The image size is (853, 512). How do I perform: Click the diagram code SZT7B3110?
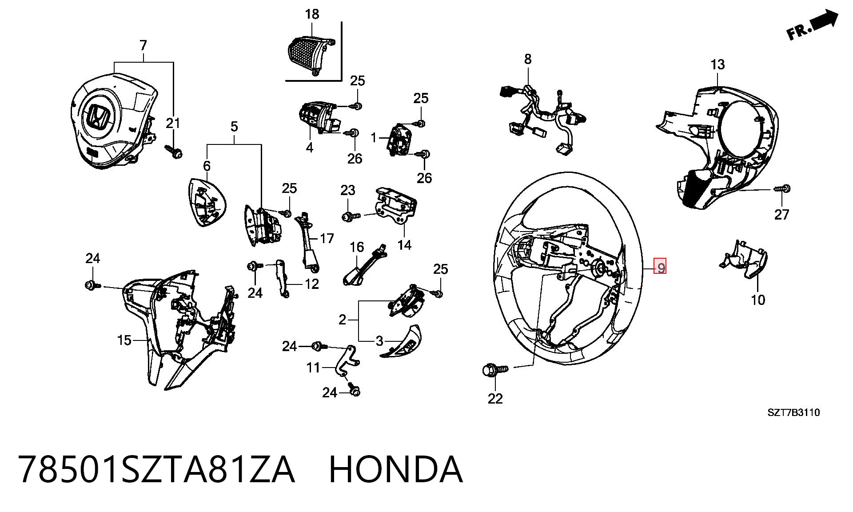793,412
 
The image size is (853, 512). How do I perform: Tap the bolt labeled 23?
352,216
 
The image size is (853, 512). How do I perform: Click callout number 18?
312,14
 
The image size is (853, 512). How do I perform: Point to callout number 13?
717,64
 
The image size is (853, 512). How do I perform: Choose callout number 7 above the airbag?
143,45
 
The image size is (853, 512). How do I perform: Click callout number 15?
124,340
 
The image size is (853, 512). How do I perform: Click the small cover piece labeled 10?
744,262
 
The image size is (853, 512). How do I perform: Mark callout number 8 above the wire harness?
527,59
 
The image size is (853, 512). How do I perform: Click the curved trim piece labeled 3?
401,342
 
